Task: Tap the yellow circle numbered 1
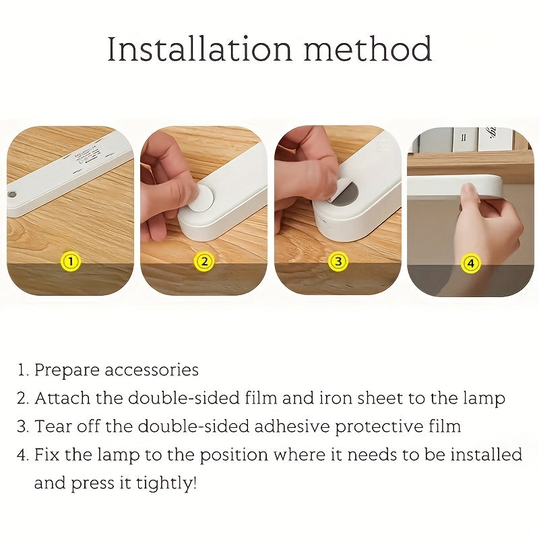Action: click(x=71, y=261)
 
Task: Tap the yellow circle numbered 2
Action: click(x=203, y=261)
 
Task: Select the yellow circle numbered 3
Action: click(x=338, y=261)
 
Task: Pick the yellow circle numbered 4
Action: click(x=470, y=263)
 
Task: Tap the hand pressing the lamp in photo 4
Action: click(x=490, y=222)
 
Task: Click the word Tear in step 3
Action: click(x=51, y=426)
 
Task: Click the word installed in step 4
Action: click(x=483, y=455)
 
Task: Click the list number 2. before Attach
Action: click(x=23, y=398)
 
